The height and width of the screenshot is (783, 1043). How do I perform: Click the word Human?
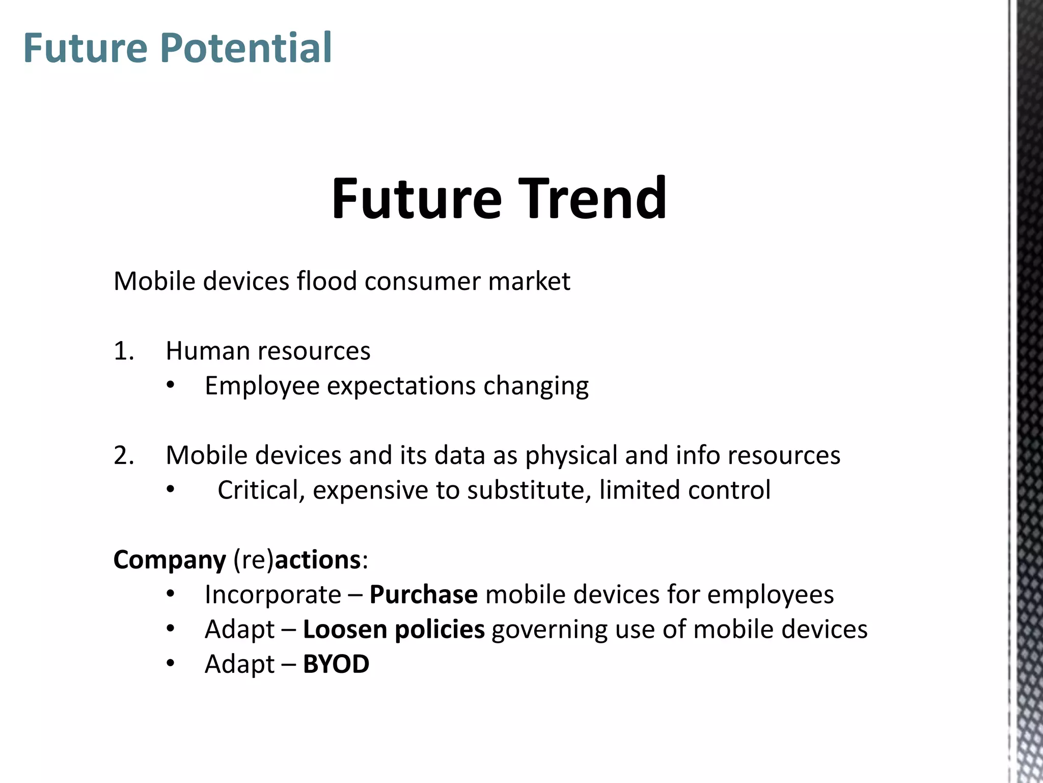coord(208,351)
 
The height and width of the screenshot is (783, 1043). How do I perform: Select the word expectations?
coord(401,385)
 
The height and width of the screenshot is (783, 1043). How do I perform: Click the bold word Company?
coord(170,560)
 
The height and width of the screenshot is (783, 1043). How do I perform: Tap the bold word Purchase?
coord(423,594)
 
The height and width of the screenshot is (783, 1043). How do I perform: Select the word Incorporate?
coord(273,595)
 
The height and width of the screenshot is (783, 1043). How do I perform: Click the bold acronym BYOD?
coord(336,664)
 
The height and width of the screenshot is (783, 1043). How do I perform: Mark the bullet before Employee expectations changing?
coord(171,386)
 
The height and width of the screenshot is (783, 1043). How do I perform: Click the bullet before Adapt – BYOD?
coord(171,664)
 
